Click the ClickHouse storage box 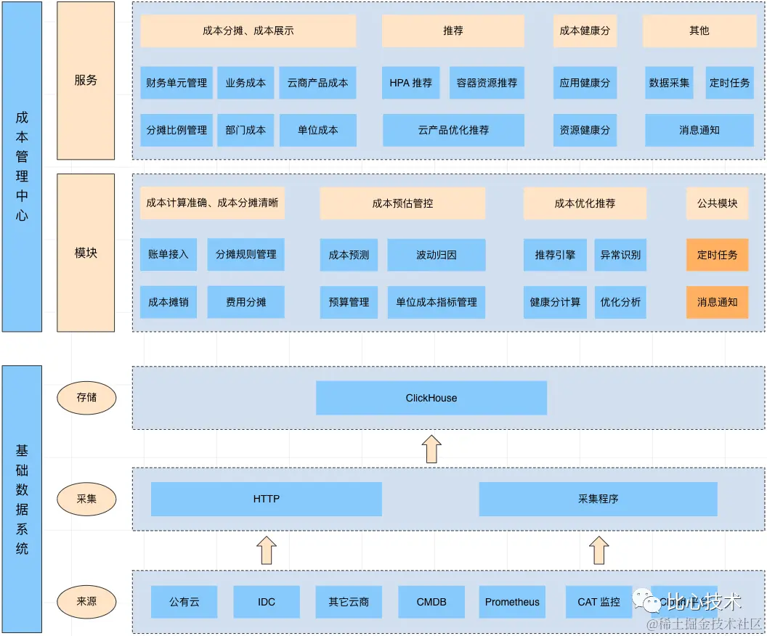[431, 398]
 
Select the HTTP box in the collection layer [266, 499]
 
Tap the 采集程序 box [598, 499]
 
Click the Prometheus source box [512, 602]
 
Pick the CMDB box [431, 602]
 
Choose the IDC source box [267, 602]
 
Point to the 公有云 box [184, 602]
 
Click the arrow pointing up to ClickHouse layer [431, 449]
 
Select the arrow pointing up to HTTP [267, 550]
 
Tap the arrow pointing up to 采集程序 [598, 550]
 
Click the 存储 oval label [86, 398]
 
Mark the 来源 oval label [86, 601]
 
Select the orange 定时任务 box [717, 255]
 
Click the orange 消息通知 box [717, 302]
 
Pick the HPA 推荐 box [410, 83]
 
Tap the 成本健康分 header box [585, 31]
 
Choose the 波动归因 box [436, 255]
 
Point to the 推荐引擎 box [555, 255]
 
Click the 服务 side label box [86, 80]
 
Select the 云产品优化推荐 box [453, 130]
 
